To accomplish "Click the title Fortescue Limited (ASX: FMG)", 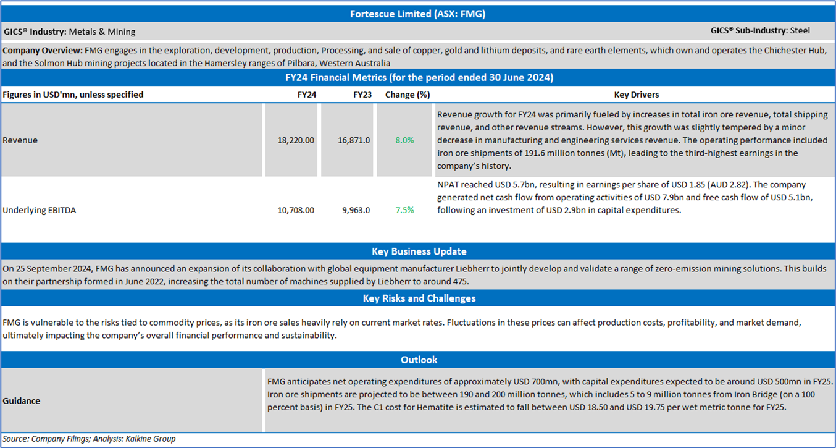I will [417, 14].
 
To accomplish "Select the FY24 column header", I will [306, 95].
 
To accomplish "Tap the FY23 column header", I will [362, 95].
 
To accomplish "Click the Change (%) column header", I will [407, 95].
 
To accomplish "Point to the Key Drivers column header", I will [636, 95].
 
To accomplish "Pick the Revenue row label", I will [20, 140].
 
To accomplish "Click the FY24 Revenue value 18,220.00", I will [296, 140].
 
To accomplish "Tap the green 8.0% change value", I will [404, 140].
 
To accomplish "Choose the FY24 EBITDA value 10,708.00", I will [296, 210].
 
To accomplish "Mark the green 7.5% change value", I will [404, 210].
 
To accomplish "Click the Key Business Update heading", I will [419, 251].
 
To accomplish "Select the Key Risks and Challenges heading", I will [419, 298].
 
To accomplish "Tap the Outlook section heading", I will [419, 360].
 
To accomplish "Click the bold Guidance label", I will [21, 400].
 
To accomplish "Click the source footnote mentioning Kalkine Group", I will [89, 439].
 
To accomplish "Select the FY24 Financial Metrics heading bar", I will [417, 78].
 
